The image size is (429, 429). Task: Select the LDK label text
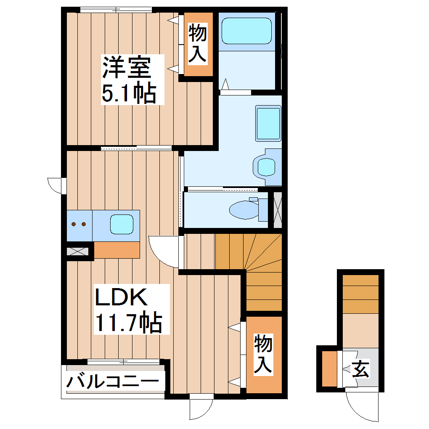pyautogui.click(x=121, y=297)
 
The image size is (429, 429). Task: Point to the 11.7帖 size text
pyautogui.click(x=128, y=322)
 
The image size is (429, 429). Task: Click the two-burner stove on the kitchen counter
pyautogui.click(x=79, y=224)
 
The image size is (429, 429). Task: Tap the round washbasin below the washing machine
pyautogui.click(x=266, y=167)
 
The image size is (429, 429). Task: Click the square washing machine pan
pyautogui.click(x=267, y=124)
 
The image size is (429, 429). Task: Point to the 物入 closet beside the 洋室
pyautogui.click(x=197, y=44)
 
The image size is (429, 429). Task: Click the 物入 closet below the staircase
pyautogui.click(x=264, y=355)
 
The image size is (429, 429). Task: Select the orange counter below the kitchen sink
pyautogui.click(x=117, y=250)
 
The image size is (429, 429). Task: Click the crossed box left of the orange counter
pyautogui.click(x=79, y=252)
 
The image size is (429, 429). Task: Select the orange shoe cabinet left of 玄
pyautogui.click(x=329, y=368)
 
